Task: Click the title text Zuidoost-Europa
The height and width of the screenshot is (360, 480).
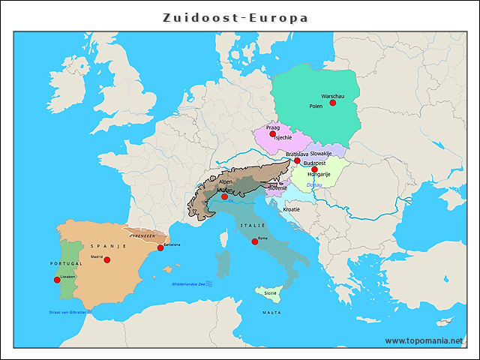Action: point(235,17)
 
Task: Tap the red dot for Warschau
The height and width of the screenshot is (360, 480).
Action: point(333,103)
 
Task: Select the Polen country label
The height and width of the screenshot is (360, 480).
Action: point(316,106)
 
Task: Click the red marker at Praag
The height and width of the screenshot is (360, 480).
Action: point(272,134)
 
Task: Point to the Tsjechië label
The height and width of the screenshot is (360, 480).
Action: point(283,138)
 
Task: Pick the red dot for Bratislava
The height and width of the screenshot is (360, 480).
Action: point(297,160)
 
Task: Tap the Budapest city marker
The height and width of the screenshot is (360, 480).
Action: point(314,169)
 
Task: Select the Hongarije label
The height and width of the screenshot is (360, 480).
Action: point(319,175)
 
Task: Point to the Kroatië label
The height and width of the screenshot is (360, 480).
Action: point(290,209)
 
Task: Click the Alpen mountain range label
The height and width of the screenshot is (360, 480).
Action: point(226,181)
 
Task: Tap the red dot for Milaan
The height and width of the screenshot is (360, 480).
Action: point(224,196)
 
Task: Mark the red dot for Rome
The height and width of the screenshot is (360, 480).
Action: point(255,241)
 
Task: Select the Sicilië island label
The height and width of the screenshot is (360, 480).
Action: point(270,292)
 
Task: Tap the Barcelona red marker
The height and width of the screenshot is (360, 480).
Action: point(160,247)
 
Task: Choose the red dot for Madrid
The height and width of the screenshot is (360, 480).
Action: point(107,259)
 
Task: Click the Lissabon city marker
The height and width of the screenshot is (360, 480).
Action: point(57,280)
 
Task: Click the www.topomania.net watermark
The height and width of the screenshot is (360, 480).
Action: point(424,340)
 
